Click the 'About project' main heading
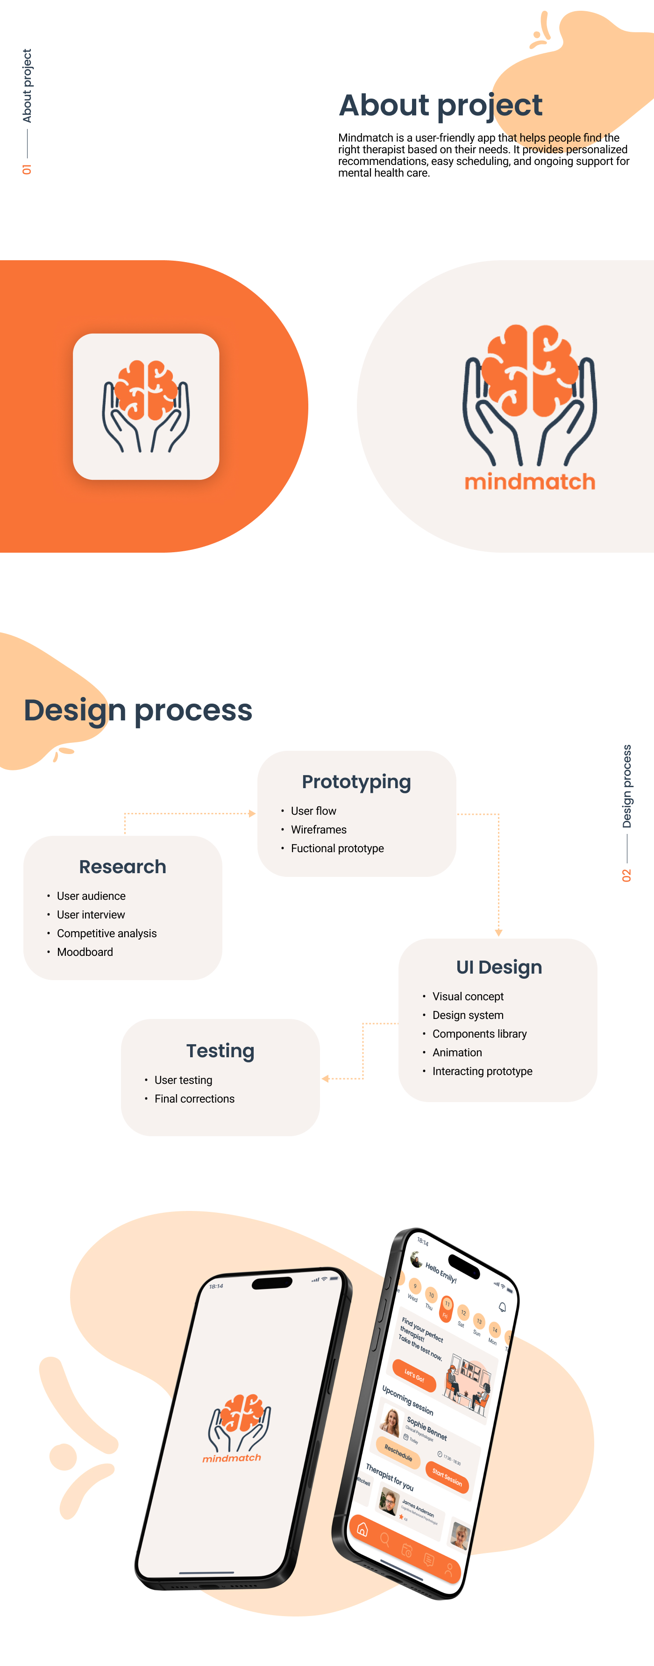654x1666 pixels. click(440, 106)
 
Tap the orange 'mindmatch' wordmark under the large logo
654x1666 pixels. click(529, 482)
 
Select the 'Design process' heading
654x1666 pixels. click(138, 710)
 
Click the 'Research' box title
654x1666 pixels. click(122, 867)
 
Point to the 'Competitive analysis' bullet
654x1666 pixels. click(107, 933)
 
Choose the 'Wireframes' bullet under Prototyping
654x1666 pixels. click(318, 830)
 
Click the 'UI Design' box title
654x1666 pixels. click(499, 967)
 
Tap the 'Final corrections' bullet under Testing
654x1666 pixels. click(194, 1099)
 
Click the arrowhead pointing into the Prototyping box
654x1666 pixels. click(252, 813)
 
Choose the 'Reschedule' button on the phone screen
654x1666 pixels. click(398, 1452)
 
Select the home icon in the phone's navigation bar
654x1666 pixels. click(362, 1529)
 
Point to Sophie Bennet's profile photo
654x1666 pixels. click(391, 1422)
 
